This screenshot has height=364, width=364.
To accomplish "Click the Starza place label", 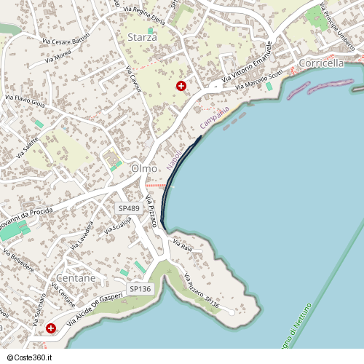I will tap(141, 36).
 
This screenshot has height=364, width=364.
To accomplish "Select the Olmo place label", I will tap(144, 168).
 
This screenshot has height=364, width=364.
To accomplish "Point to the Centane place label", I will tap(76, 278).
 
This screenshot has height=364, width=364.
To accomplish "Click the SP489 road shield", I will tap(129, 208).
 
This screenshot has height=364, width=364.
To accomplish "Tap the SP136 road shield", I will tap(140, 289).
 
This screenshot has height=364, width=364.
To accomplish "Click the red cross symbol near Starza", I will tap(181, 86).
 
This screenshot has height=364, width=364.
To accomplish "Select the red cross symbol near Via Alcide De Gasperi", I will tap(51, 328).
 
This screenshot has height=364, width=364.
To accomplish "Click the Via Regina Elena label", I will tap(144, 15).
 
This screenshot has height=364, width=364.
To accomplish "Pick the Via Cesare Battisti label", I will tap(66, 38).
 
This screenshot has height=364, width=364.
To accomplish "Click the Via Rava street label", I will tap(181, 244).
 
